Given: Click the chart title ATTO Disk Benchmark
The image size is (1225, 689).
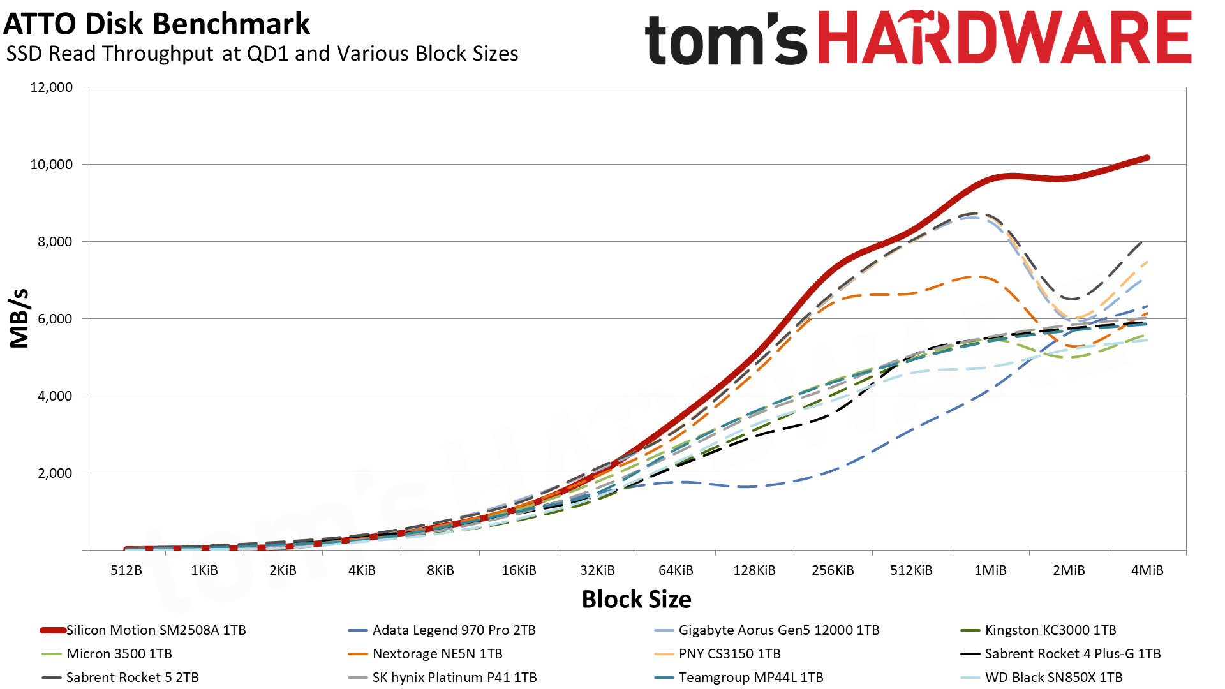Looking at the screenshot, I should (156, 24).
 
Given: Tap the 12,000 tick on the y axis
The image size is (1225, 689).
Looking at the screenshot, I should (52, 87).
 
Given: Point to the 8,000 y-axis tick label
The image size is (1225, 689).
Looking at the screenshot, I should (52, 242).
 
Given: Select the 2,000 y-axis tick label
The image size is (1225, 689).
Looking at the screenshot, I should (52, 473).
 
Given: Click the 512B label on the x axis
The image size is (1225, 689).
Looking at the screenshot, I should (126, 570).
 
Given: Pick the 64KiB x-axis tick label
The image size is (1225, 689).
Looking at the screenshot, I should (676, 570).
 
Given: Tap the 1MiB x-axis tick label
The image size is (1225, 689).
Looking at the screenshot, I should (990, 570).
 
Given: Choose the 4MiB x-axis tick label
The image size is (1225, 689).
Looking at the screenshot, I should (1147, 570).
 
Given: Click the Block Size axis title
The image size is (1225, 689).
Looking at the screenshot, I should (636, 600).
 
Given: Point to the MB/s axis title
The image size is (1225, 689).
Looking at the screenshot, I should (20, 318).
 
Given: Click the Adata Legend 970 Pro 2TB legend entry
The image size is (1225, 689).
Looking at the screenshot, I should (454, 630).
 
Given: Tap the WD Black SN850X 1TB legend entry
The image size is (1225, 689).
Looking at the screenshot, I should (1053, 678).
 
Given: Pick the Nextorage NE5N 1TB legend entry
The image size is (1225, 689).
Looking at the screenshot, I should (437, 654).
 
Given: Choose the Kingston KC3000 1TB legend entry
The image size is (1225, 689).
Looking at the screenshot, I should (1050, 630).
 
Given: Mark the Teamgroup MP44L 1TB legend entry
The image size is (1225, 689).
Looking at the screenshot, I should (750, 678).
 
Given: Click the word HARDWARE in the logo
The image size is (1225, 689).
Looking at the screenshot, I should (1004, 38).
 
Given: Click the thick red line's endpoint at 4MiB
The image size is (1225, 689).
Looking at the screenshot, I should (1147, 158).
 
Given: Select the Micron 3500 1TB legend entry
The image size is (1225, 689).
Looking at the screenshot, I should (119, 654).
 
